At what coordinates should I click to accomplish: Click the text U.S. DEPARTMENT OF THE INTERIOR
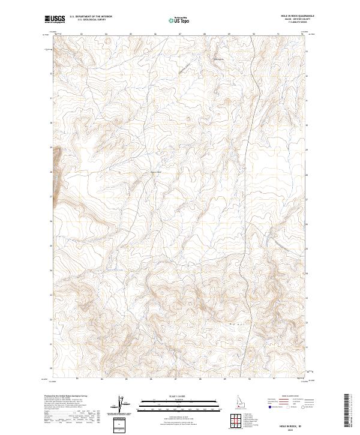click(x=91, y=17)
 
